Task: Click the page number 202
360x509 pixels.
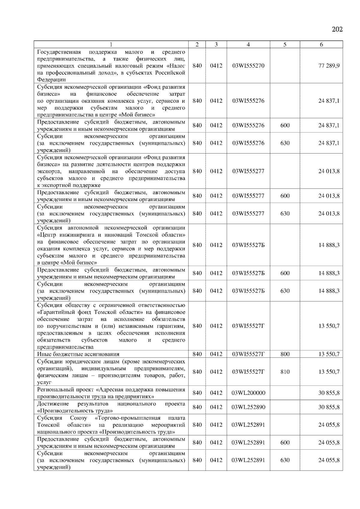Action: (x=337, y=29)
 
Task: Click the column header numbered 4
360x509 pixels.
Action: (x=248, y=45)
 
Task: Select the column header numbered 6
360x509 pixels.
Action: (x=321, y=45)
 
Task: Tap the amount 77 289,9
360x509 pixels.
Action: (x=329, y=66)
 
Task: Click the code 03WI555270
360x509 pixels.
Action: (x=248, y=66)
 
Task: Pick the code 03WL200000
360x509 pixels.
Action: (x=248, y=393)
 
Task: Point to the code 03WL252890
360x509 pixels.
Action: (x=248, y=407)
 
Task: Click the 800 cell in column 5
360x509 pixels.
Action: (x=285, y=354)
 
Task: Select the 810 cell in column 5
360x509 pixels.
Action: (x=285, y=372)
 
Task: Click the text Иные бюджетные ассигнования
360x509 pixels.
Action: (x=78, y=354)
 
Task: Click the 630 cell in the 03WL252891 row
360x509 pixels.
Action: (x=285, y=460)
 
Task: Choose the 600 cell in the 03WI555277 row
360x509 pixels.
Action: (x=285, y=196)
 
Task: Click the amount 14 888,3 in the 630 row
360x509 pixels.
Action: (x=329, y=291)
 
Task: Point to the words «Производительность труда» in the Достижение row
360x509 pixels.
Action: (x=75, y=411)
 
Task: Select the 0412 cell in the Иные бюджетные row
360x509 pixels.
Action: (x=216, y=354)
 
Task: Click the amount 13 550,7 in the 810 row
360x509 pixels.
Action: (x=329, y=372)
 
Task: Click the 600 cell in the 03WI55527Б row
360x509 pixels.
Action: (x=285, y=273)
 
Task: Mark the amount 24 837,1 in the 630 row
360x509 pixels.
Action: (x=329, y=143)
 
